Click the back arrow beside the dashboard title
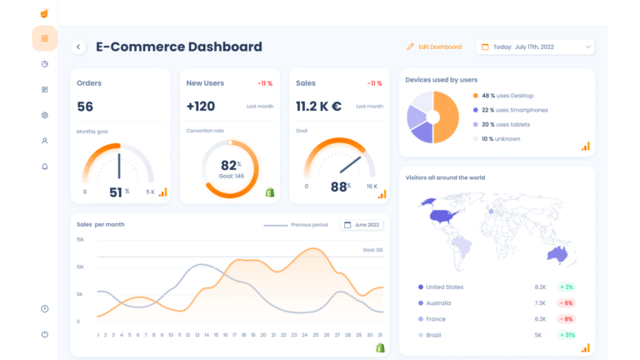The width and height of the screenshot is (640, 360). pyautogui.click(x=79, y=47)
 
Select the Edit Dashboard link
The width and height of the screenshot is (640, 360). pyautogui.click(x=434, y=47)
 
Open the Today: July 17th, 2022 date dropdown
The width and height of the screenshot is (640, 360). pyautogui.click(x=535, y=47)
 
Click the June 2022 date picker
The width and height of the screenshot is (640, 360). pyautogui.click(x=362, y=225)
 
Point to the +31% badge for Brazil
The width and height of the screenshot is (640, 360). pyautogui.click(x=567, y=335)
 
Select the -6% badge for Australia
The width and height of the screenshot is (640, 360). pyautogui.click(x=567, y=303)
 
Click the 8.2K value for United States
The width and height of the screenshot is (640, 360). pyautogui.click(x=540, y=287)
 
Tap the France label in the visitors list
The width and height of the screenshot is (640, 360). pyautogui.click(x=435, y=319)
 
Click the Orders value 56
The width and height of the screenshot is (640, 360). pyautogui.click(x=85, y=107)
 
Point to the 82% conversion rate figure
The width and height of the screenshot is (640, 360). pyautogui.click(x=230, y=165)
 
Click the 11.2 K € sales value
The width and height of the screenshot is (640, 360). pyautogui.click(x=318, y=107)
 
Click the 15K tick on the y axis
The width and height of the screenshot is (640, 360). pyautogui.click(x=80, y=240)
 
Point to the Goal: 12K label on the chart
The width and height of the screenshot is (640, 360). pyautogui.click(x=372, y=250)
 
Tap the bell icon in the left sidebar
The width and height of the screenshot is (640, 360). pyautogui.click(x=44, y=167)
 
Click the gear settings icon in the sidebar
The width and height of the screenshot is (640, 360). pyautogui.click(x=44, y=115)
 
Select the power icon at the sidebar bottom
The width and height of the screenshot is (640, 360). pyautogui.click(x=44, y=334)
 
